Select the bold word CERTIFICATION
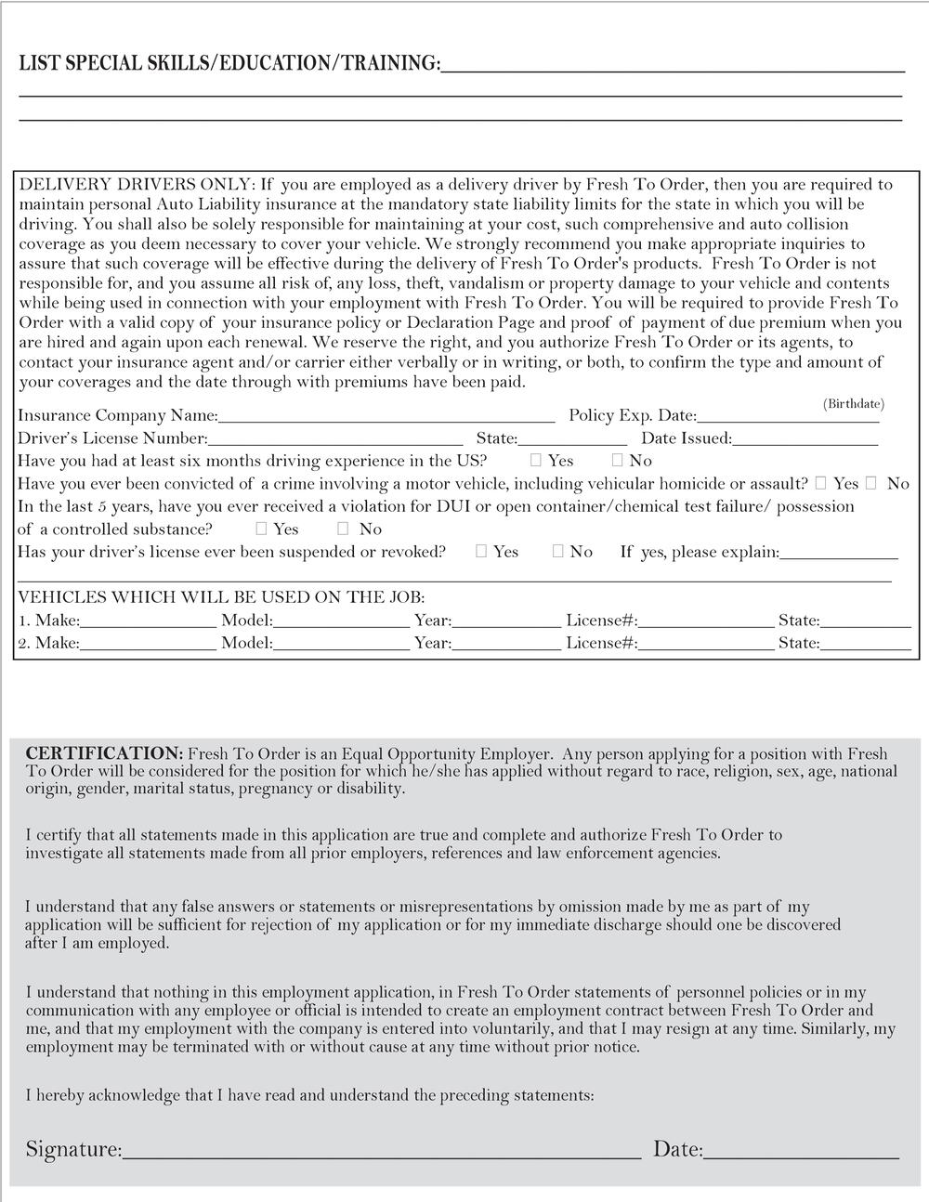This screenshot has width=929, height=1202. click(x=104, y=753)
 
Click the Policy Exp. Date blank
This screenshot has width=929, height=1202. click(x=788, y=416)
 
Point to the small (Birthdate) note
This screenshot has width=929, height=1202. click(x=854, y=404)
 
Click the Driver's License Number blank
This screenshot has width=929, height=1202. click(x=335, y=438)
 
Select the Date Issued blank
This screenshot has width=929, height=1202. click(x=805, y=438)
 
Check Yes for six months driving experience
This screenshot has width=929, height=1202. click(x=537, y=460)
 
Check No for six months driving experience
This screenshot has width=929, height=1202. click(x=618, y=460)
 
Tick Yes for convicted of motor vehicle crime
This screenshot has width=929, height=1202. click(x=821, y=483)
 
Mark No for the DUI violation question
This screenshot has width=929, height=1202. click(x=343, y=529)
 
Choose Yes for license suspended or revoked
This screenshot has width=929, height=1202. click(x=481, y=551)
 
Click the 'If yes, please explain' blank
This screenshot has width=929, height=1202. click(x=839, y=553)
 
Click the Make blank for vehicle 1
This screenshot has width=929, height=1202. click(x=148, y=621)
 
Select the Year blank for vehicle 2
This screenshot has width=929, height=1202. click(x=506, y=643)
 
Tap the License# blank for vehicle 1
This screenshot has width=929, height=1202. click(x=706, y=621)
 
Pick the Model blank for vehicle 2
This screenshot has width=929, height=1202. click(x=341, y=643)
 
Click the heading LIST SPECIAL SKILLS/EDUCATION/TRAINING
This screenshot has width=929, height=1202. click(x=229, y=63)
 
